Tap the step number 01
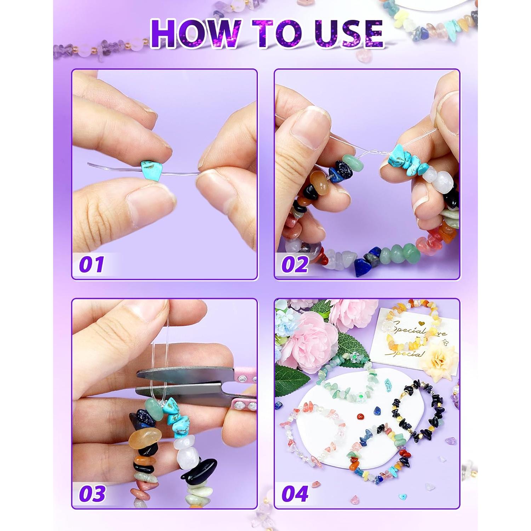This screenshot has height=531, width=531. click(91, 264)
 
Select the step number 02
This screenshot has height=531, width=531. click(295, 264)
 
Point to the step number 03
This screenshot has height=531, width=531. click(92, 493)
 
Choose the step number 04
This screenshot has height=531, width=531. click(295, 493)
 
